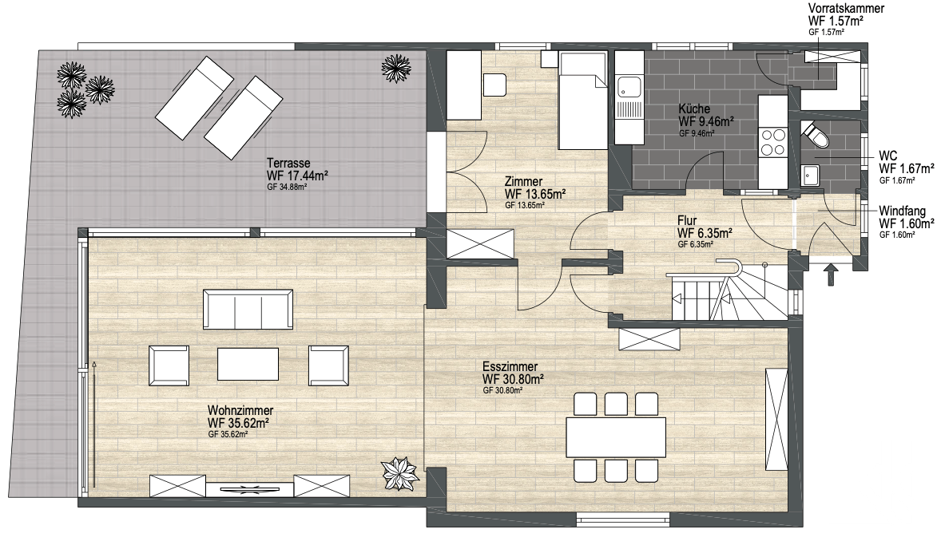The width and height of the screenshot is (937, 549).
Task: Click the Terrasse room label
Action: (288, 163)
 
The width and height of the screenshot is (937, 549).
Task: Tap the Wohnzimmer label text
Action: (240, 411)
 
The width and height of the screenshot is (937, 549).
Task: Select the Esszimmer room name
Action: (510, 366)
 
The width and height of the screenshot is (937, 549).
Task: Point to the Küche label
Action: (694, 109)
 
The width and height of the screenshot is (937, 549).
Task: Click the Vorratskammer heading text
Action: (846, 8)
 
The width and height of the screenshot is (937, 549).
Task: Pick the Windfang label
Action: (903, 211)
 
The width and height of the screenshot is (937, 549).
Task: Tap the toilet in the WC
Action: (816, 135)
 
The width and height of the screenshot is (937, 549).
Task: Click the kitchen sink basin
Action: (628, 86)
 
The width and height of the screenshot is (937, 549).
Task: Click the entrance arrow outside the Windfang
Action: (831, 275)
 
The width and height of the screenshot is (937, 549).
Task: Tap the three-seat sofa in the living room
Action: (248, 309)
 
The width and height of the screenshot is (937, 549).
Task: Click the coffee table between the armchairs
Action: (248, 364)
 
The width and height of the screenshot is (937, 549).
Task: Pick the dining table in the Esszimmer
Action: (616, 437)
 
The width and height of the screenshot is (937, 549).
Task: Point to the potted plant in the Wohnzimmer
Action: (399, 473)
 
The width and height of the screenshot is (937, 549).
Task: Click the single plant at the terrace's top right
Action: (395, 68)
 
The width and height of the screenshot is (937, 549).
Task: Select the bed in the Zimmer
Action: (583, 101)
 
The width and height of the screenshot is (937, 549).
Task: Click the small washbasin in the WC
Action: (810, 176)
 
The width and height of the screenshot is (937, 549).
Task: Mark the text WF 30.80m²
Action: (513, 379)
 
